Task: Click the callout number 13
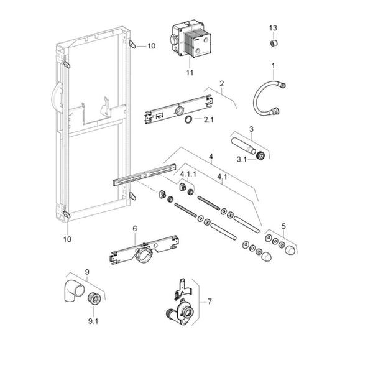(273, 28)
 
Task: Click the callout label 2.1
(208, 121)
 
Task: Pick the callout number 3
(251, 129)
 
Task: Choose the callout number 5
(284, 226)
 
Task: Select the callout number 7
(210, 302)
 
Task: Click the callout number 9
(87, 272)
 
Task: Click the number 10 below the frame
(67, 238)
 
